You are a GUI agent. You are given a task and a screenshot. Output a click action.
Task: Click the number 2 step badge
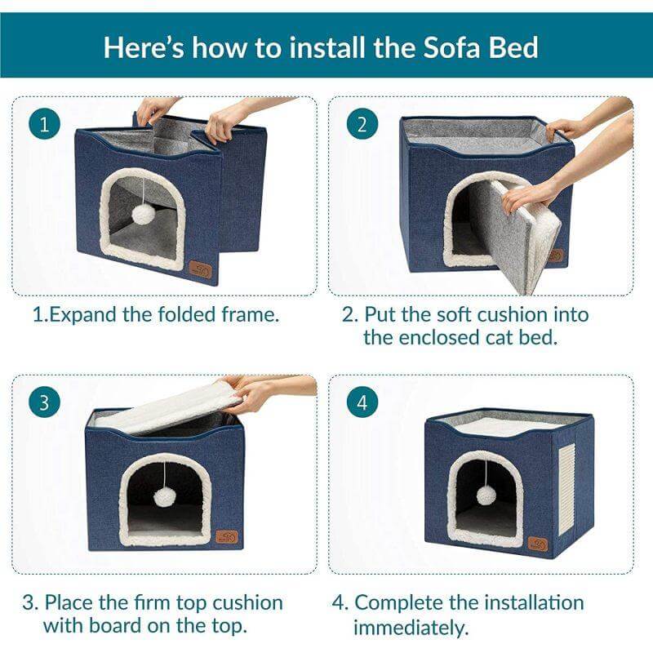362,124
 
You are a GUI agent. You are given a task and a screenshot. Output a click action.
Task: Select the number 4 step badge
362,403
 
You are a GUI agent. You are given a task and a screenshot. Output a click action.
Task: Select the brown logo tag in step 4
537,543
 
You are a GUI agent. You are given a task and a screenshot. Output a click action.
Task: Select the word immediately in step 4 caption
411,627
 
